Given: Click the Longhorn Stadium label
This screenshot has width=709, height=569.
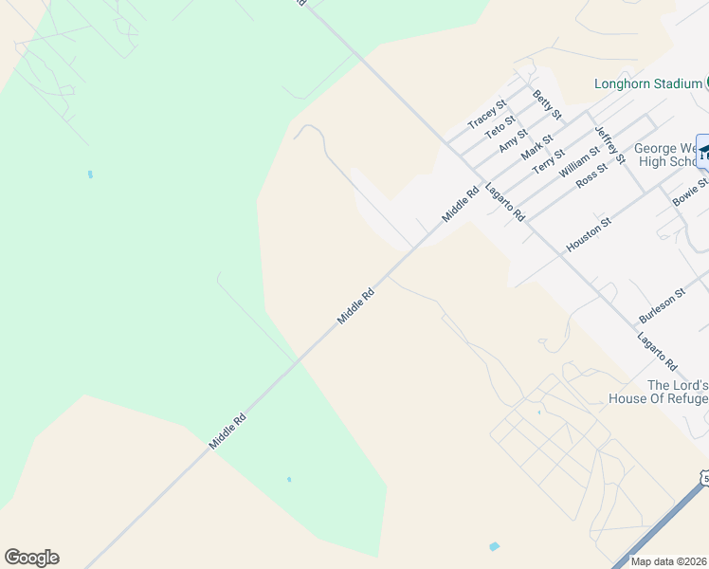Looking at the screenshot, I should (647, 83).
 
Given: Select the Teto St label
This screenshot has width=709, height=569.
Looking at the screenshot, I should (500, 127).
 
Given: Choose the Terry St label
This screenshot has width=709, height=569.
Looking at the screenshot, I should (549, 160).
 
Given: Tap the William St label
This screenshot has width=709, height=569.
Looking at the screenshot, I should (579, 161).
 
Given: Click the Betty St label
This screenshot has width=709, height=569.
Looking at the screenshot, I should (548, 104).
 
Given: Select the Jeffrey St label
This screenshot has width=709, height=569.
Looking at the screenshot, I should (609, 143).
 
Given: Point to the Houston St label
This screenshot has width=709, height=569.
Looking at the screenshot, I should (589, 233).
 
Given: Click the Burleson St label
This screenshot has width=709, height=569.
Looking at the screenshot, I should (661, 306).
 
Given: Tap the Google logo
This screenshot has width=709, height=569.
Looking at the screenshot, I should (31, 558).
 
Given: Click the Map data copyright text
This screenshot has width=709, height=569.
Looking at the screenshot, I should (669, 561).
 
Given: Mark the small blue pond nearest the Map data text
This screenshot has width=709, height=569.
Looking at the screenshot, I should (494, 547).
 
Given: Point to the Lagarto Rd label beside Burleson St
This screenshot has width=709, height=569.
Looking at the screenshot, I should (657, 352).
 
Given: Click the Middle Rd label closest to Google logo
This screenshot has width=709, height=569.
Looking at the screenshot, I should (227, 431).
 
